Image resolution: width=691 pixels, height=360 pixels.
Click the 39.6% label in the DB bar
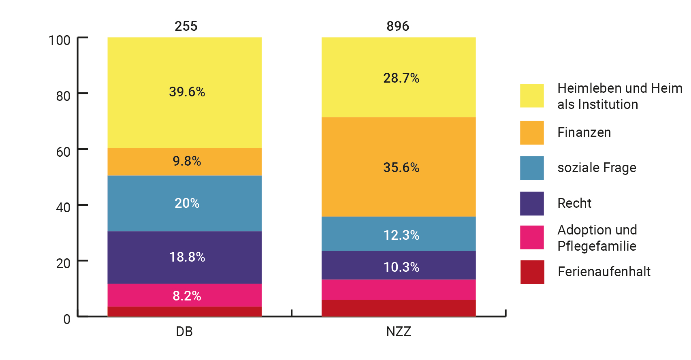[x=187, y=92]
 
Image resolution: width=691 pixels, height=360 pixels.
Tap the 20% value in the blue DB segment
[x=187, y=203]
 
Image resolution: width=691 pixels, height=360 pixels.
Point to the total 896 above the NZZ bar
[x=398, y=26]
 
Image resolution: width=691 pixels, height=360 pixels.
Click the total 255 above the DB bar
[x=186, y=26]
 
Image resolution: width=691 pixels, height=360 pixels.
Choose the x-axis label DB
[x=184, y=332]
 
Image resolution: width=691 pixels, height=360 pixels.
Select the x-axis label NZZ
[x=399, y=332]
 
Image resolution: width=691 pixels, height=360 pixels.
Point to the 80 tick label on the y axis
[x=63, y=96]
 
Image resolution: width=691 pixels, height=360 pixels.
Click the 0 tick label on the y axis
[x=67, y=319]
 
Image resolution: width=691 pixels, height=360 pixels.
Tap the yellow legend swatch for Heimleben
[x=532, y=96]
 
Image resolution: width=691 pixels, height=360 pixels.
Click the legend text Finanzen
[x=584, y=132]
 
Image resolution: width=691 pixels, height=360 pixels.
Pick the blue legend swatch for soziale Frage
[x=532, y=168]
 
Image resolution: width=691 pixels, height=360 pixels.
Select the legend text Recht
[x=574, y=203]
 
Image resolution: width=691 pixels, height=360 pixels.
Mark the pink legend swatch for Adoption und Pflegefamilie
[x=532, y=237]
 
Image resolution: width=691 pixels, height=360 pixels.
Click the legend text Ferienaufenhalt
[x=604, y=272]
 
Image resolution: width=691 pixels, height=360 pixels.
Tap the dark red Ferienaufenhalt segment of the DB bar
[x=184, y=311]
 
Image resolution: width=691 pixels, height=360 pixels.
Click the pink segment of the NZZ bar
[x=398, y=290]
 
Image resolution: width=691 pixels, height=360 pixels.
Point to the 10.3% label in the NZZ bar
[x=401, y=267]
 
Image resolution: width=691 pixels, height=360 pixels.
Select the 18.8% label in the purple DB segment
[x=187, y=257]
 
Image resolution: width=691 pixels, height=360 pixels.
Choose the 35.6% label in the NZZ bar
[x=401, y=168]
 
